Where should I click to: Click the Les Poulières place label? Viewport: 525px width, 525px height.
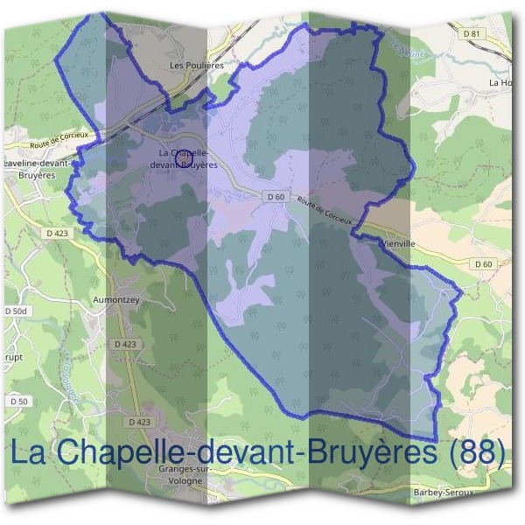coord(197,65)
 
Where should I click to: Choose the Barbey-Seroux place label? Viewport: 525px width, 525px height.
coord(444,493)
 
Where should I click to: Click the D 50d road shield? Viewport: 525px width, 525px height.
coord(17,311)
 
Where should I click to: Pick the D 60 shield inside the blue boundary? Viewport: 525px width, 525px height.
coord(275,197)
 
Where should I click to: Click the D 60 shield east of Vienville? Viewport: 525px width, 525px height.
coord(484,263)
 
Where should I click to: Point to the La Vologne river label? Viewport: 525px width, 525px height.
coord(73,372)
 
